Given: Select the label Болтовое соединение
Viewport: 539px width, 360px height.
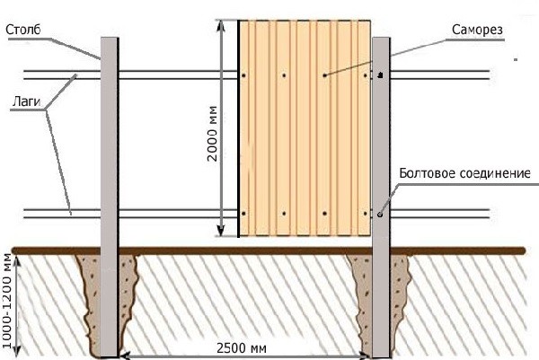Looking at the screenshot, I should click(x=463, y=171).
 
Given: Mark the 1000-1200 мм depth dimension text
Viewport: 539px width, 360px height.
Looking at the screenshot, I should click(x=10, y=300).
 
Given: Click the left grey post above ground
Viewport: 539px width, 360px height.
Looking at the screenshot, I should click(x=110, y=144).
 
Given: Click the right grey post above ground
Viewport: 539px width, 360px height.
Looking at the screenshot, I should click(x=381, y=144).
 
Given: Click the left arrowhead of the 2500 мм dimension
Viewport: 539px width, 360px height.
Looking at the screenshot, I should click(x=126, y=356).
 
